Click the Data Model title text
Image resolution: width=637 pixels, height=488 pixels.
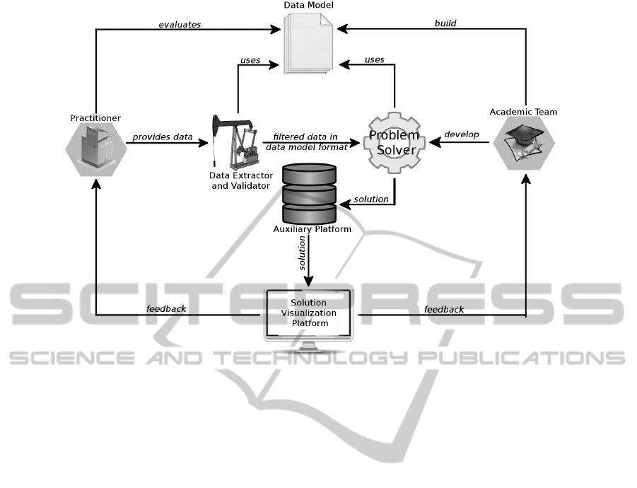pos(308,6)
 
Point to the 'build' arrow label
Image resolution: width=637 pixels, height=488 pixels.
pos(445,23)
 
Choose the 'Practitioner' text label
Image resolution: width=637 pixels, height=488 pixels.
pos(95,117)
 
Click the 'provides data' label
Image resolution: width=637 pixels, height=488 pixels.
pos(163,136)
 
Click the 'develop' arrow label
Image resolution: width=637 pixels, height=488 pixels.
pos(462,134)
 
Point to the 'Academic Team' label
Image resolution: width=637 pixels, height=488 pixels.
pos(523,111)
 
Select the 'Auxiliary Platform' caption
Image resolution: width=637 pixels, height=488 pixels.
pos(311,229)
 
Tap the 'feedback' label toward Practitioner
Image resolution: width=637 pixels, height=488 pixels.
pos(166,308)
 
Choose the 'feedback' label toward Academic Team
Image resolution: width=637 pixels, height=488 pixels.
pos(444,309)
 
